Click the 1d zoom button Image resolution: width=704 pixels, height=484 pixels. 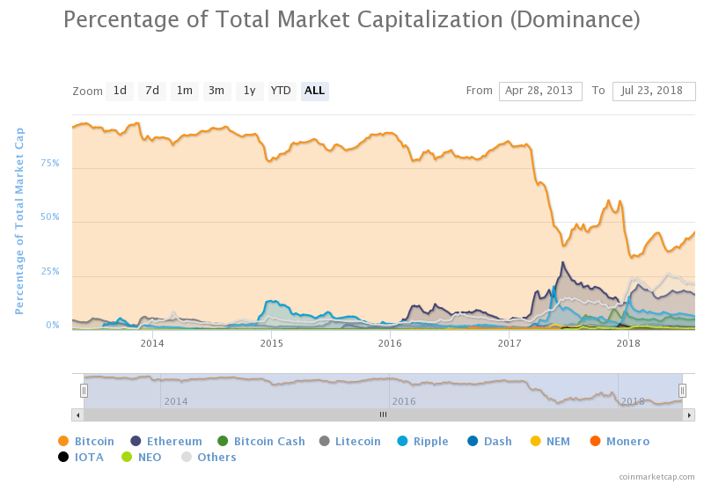click(120, 92)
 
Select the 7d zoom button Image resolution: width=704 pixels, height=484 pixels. click(152, 92)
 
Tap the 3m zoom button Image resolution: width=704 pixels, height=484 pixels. click(216, 92)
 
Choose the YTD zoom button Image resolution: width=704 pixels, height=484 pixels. click(282, 92)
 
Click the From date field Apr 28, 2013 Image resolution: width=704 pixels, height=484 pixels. click(540, 92)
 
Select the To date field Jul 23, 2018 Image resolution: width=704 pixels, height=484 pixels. click(654, 92)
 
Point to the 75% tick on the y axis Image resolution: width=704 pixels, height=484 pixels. click(50, 163)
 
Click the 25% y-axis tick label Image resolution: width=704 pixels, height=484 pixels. click(50, 271)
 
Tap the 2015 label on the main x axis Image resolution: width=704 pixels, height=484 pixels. click(271, 343)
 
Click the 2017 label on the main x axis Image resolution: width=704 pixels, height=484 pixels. click(510, 343)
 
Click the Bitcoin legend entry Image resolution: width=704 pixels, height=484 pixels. click(86, 442)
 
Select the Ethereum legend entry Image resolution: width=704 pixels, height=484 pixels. click(166, 442)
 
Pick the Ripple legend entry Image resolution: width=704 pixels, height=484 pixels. click(422, 442)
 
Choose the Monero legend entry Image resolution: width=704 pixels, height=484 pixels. click(620, 442)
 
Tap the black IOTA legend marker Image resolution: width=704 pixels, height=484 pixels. click(63, 457)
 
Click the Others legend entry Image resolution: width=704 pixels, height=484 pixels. click(209, 457)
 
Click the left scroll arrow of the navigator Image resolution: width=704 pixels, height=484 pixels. click(77, 415)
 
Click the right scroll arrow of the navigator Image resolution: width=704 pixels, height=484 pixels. click(689, 415)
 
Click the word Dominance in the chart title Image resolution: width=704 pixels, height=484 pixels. click(575, 19)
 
